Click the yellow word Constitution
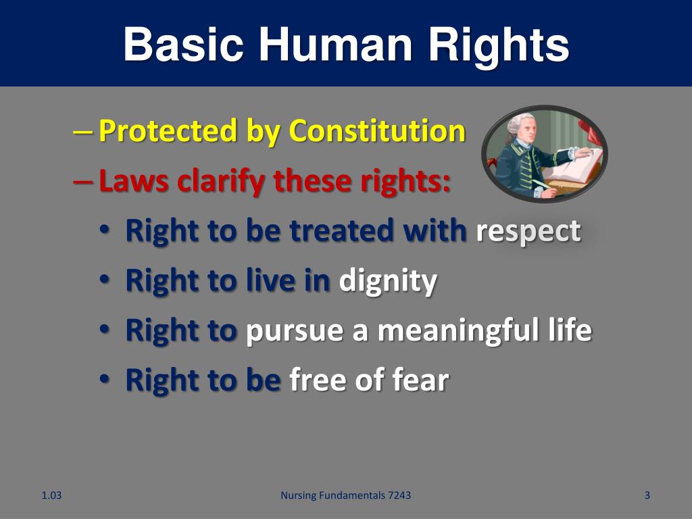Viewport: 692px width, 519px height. [377, 130]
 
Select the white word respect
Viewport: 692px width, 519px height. [528, 230]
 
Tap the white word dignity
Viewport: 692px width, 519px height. [387, 280]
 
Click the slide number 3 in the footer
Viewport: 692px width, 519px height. [647, 495]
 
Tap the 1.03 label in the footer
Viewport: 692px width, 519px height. [51, 495]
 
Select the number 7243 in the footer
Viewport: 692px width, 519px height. [397, 495]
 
